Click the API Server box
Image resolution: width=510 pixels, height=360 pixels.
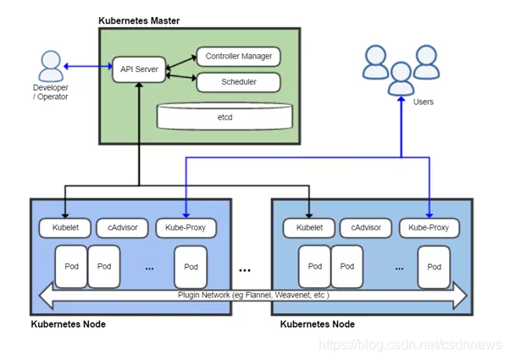coord(138,69)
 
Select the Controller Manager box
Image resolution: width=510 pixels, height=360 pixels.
coord(238,57)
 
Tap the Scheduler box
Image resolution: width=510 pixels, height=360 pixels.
coord(238,82)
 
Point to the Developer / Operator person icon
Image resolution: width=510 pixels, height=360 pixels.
coord(51,66)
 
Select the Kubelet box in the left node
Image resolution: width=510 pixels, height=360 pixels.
coord(64,228)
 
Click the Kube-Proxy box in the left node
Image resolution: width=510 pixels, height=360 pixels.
coord(186,228)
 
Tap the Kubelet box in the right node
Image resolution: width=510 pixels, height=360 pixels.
coord(308,228)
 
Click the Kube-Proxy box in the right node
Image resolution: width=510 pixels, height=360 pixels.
coord(430,228)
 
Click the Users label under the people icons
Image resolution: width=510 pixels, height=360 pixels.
coord(423,102)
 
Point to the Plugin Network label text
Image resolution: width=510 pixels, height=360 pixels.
coord(252,296)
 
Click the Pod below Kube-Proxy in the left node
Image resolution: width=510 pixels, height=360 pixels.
coord(191,266)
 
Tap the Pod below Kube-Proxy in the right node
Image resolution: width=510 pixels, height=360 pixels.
coord(434,266)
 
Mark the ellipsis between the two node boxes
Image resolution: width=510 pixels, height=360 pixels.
coord(245,271)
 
